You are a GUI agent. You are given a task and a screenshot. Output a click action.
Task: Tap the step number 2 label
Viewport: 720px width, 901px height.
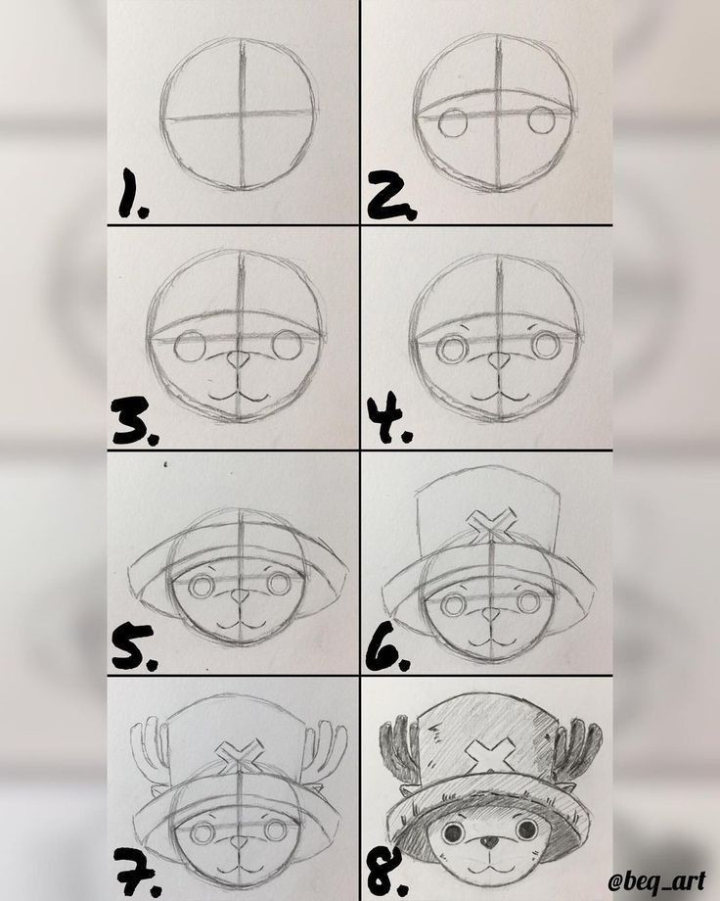click(391, 194)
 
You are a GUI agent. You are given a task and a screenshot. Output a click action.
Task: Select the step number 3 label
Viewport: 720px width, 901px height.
click(134, 422)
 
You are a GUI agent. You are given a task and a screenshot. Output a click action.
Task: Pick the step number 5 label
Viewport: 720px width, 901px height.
click(133, 647)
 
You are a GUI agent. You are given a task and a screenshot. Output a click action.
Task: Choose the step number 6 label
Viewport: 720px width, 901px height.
click(388, 647)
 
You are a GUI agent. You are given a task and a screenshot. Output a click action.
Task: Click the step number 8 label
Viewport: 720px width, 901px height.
click(388, 874)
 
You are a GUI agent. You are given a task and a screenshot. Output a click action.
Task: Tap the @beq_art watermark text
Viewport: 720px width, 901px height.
click(656, 880)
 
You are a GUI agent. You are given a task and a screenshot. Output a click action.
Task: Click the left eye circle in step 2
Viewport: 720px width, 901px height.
click(452, 122)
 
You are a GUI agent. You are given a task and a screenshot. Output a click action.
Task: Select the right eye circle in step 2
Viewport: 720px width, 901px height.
click(541, 119)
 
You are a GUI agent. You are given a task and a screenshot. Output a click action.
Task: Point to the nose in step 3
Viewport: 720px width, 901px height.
click(238, 360)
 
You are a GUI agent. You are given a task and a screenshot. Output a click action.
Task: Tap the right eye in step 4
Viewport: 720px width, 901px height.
click(545, 347)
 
